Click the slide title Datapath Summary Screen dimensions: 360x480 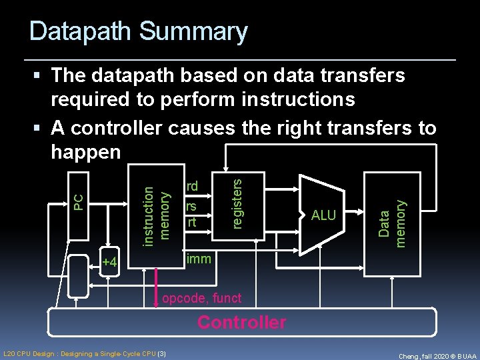(x=138, y=31)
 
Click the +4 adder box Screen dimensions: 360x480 (x=109, y=263)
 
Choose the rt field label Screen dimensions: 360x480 (x=192, y=221)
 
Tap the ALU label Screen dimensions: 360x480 (x=324, y=215)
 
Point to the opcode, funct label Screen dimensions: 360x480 (x=202, y=297)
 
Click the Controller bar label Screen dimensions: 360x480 (x=241, y=323)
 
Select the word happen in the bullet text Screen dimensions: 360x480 (x=85, y=153)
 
